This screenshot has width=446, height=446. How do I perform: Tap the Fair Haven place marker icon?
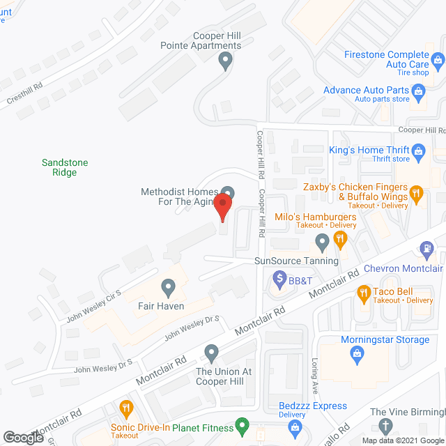[168, 286]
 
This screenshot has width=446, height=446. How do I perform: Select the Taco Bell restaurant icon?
[362, 293]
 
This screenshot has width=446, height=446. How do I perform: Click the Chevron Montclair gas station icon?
[426, 248]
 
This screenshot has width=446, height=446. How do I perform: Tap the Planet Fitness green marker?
[242, 424]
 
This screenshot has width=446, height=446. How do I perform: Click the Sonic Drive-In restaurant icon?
[126, 408]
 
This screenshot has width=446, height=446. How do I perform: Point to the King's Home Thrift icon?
[419, 150]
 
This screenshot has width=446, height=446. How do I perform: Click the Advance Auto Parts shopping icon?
[419, 91]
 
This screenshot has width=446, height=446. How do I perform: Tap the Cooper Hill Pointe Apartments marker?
[225, 61]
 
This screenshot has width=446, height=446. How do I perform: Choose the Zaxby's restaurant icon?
[417, 193]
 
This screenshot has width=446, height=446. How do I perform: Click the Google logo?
[22, 438]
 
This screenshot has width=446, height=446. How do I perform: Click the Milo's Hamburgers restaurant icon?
[340, 239]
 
